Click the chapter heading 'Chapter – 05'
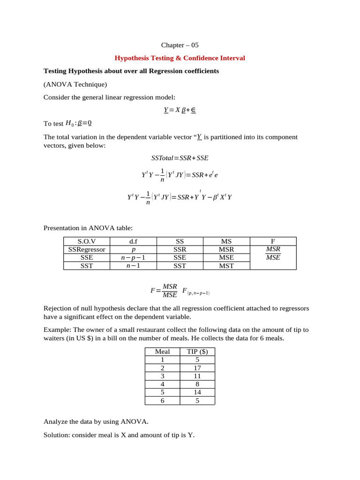(x=180, y=45)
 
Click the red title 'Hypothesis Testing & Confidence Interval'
(x=180, y=58)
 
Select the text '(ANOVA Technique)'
(x=75, y=84)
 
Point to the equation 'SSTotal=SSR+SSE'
(x=180, y=158)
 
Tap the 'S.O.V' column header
(x=86, y=241)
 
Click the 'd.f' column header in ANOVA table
(x=133, y=241)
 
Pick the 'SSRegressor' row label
(x=87, y=249)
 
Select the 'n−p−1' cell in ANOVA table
(x=133, y=257)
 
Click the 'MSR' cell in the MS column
(x=226, y=249)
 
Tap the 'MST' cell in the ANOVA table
(x=226, y=266)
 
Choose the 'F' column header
(x=273, y=241)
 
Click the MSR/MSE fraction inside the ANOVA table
(x=273, y=253)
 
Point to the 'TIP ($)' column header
(x=197, y=352)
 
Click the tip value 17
(x=197, y=368)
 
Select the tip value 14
(x=197, y=392)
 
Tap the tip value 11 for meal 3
(x=197, y=376)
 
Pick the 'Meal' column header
(x=162, y=352)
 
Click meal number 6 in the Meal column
(x=162, y=401)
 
